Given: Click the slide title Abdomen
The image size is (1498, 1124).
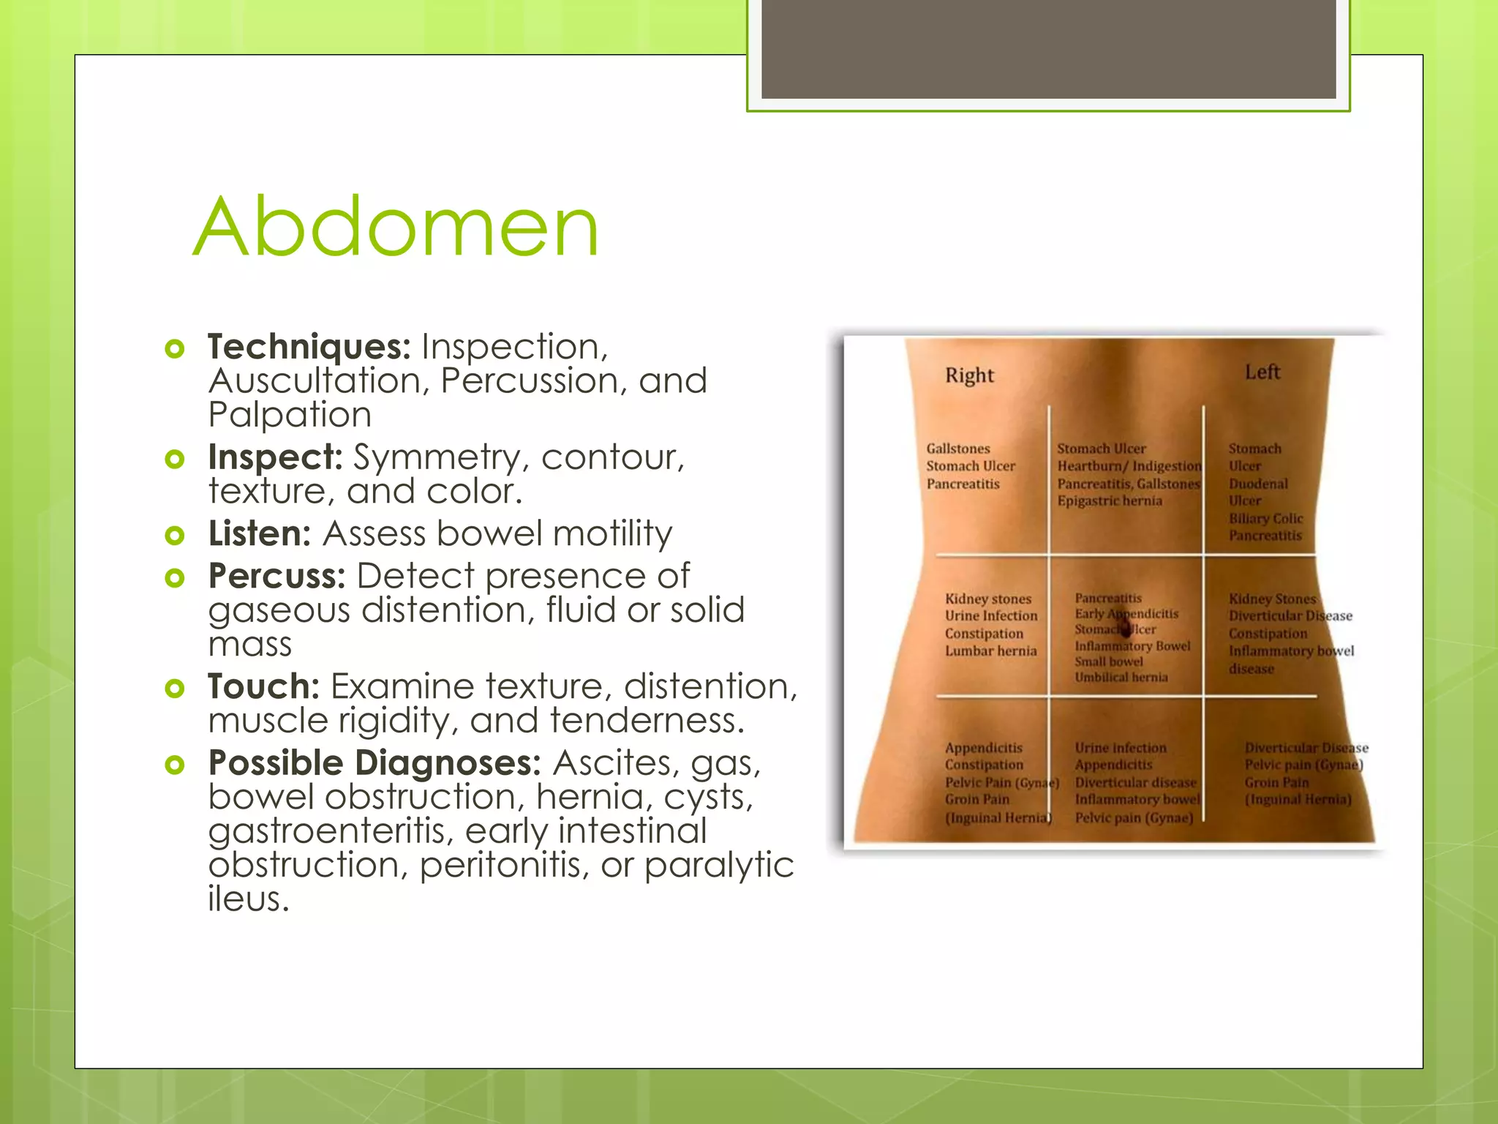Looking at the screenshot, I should pyautogui.click(x=396, y=228).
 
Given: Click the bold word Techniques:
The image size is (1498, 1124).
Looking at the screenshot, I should pyautogui.click(x=309, y=347).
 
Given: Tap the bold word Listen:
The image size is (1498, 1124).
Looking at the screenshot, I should pyautogui.click(x=260, y=533).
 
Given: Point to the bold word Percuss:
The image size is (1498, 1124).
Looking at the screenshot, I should pyautogui.click(x=276, y=577).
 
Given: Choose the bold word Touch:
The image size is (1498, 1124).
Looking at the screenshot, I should pyautogui.click(x=263, y=687).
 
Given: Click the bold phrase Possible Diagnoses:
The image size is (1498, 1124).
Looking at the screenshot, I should pyautogui.click(x=374, y=763).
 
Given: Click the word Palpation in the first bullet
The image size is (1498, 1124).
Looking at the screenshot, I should pyautogui.click(x=290, y=415).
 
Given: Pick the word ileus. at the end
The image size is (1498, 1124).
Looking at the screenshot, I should pyautogui.click(x=249, y=899).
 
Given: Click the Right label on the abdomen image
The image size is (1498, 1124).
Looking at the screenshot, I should pyautogui.click(x=969, y=375).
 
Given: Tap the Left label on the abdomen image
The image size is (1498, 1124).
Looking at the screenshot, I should pyautogui.click(x=1262, y=372).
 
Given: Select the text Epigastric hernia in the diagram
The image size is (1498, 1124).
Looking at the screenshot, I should pyautogui.click(x=1109, y=501).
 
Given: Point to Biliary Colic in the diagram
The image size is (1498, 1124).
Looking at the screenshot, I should pyautogui.click(x=1265, y=519).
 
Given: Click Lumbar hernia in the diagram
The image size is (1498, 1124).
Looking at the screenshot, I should pyautogui.click(x=990, y=651).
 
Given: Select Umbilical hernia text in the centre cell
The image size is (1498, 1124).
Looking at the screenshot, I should pyautogui.click(x=1121, y=678).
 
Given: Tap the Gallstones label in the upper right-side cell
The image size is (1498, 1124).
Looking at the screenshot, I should pyautogui.click(x=957, y=449).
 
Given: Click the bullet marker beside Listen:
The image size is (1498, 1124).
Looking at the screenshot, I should pyautogui.click(x=174, y=535).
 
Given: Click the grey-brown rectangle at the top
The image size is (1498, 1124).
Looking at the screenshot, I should pyautogui.click(x=1048, y=48).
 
